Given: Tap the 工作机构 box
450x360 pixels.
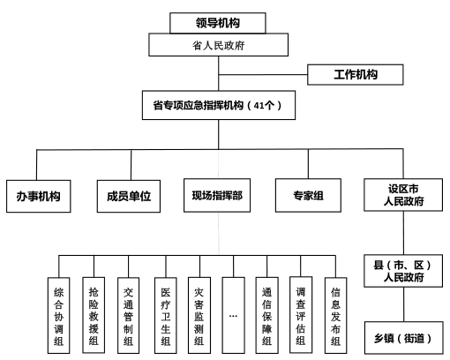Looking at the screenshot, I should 356,74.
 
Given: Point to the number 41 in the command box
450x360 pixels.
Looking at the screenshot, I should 259,106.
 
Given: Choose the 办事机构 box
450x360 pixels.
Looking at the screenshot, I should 37,195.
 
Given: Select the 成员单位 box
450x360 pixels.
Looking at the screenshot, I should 128,195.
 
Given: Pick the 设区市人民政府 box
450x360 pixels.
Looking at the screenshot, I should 403,195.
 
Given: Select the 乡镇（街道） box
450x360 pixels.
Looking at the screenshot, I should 403,336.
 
